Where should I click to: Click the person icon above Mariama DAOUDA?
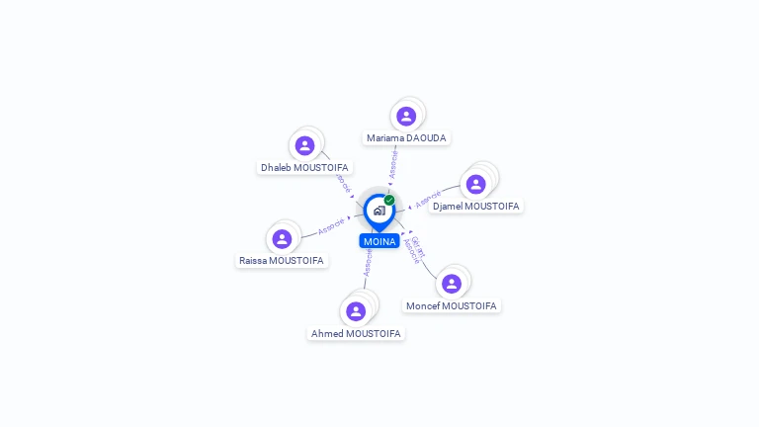(406, 116)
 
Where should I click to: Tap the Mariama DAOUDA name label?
(407, 138)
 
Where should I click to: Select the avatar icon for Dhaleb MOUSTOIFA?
(305, 145)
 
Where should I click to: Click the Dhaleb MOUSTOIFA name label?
(305, 168)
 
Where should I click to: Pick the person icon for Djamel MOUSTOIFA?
(476, 184)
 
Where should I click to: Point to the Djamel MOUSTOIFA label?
(476, 207)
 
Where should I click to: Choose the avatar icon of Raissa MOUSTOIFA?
(282, 238)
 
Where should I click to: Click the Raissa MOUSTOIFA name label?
(282, 261)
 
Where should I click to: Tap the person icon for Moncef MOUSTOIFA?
(452, 284)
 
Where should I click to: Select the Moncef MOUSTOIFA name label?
(452, 306)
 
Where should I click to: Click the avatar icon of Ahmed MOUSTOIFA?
(356, 311)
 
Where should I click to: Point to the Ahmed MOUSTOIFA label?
(356, 334)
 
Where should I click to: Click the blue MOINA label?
(379, 241)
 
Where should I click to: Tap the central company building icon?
(379, 211)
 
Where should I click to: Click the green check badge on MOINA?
(389, 200)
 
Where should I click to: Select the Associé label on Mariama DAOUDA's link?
(394, 163)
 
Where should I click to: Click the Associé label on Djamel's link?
(428, 199)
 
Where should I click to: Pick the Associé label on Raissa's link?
(331, 226)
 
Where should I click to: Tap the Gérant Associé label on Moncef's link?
(416, 249)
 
